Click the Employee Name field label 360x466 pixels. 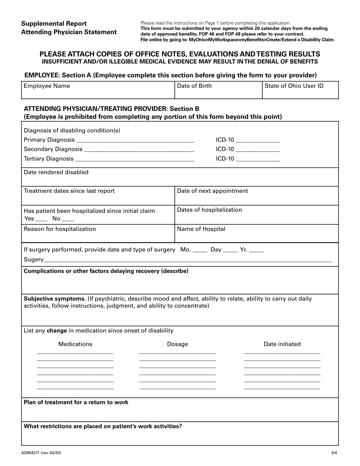coord(47,86)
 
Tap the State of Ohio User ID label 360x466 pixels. coord(294,86)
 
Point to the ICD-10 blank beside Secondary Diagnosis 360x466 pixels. coord(258,150)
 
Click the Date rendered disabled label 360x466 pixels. coord(56,172)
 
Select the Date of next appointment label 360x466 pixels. coord(213,191)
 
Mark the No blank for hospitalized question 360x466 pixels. coord(68,219)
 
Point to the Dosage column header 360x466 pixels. coord(177,344)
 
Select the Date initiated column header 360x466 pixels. coord(282,344)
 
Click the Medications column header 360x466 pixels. coord(75,344)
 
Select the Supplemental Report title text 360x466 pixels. coord(54,24)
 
